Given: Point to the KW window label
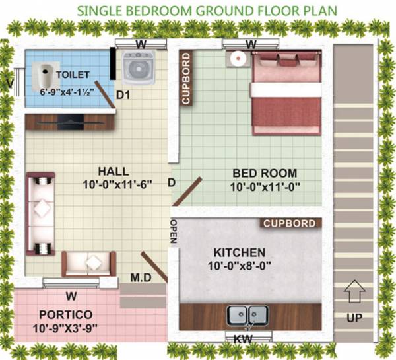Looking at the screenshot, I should pyautogui.click(x=242, y=338).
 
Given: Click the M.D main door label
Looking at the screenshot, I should pyautogui.click(x=141, y=277).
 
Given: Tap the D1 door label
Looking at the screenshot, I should pyautogui.click(x=122, y=96).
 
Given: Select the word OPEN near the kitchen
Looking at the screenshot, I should pyautogui.click(x=174, y=231).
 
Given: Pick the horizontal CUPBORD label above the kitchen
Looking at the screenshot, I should pyautogui.click(x=289, y=223).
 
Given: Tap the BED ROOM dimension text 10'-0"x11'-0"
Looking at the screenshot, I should pyautogui.click(x=265, y=187).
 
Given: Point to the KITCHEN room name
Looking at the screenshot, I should pyautogui.click(x=239, y=252).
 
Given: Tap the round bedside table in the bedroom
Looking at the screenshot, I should pyautogui.click(x=236, y=58).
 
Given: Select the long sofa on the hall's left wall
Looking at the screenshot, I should pyautogui.click(x=41, y=214).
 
